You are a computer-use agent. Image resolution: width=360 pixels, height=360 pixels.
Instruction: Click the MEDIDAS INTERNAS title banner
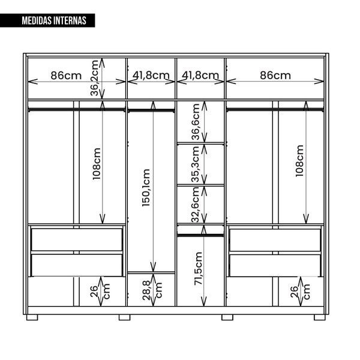(x=47, y=20)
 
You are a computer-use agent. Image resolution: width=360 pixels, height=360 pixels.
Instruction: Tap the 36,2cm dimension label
(x=94, y=78)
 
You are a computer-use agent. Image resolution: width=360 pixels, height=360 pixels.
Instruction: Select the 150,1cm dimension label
(x=146, y=188)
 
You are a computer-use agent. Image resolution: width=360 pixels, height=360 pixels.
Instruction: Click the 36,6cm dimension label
(x=196, y=122)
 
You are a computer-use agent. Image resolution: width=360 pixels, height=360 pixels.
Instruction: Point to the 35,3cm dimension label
(x=196, y=164)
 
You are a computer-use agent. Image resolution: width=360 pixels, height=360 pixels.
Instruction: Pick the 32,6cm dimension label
(x=196, y=205)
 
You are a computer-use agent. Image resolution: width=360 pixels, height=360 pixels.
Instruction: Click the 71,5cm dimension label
(x=198, y=269)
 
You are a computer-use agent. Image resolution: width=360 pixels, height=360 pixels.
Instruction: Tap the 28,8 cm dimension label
(x=152, y=290)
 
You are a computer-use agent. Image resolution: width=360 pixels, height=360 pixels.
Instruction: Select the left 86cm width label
(x=66, y=76)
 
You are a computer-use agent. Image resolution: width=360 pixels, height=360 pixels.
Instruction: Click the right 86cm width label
(x=275, y=76)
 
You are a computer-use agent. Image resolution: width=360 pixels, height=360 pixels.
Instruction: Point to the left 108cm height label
(x=97, y=164)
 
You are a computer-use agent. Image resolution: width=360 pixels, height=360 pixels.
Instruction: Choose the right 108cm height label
(x=299, y=161)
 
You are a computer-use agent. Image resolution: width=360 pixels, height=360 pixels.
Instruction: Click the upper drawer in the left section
(x=77, y=239)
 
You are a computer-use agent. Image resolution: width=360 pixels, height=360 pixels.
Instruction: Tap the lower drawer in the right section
(x=275, y=265)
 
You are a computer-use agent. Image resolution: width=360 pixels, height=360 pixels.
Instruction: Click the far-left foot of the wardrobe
(x=32, y=317)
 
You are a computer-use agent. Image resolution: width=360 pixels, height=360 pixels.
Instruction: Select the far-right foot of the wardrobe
(x=320, y=317)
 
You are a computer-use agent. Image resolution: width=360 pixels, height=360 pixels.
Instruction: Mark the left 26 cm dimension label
(x=100, y=292)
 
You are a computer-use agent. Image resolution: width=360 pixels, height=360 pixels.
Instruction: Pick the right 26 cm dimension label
(x=300, y=292)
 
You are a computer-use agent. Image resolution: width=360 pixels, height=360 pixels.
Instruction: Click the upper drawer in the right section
(x=275, y=239)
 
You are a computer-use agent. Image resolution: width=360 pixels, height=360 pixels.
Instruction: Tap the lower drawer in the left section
(x=77, y=265)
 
